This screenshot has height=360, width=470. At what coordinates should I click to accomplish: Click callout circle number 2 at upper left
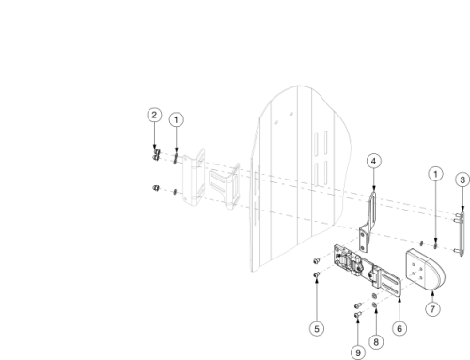click(x=154, y=115)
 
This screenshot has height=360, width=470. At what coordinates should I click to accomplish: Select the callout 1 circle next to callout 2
click(x=177, y=119)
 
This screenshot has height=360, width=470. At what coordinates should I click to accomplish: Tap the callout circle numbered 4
click(x=373, y=162)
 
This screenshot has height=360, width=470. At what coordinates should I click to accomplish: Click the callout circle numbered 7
click(x=431, y=308)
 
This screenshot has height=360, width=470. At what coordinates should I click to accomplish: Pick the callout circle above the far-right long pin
click(x=462, y=179)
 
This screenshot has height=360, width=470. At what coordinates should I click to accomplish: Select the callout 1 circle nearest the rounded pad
click(x=435, y=173)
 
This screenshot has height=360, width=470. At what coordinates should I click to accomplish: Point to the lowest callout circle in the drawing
click(x=358, y=352)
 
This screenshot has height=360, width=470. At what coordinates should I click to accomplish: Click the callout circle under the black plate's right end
click(x=400, y=328)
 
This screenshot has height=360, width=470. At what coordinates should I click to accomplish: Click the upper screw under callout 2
click(x=156, y=151)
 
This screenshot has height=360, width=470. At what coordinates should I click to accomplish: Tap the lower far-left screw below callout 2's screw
click(x=155, y=189)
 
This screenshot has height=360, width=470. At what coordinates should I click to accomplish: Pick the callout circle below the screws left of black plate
click(x=318, y=328)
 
